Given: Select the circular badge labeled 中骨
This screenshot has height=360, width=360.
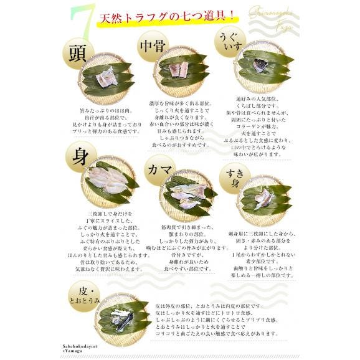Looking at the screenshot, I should pyautogui.click(x=153, y=47).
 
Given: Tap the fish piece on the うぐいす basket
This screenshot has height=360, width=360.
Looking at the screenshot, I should pyautogui.click(x=262, y=65).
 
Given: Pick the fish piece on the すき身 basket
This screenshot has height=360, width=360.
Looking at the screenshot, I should pyautogui.click(x=263, y=198).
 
